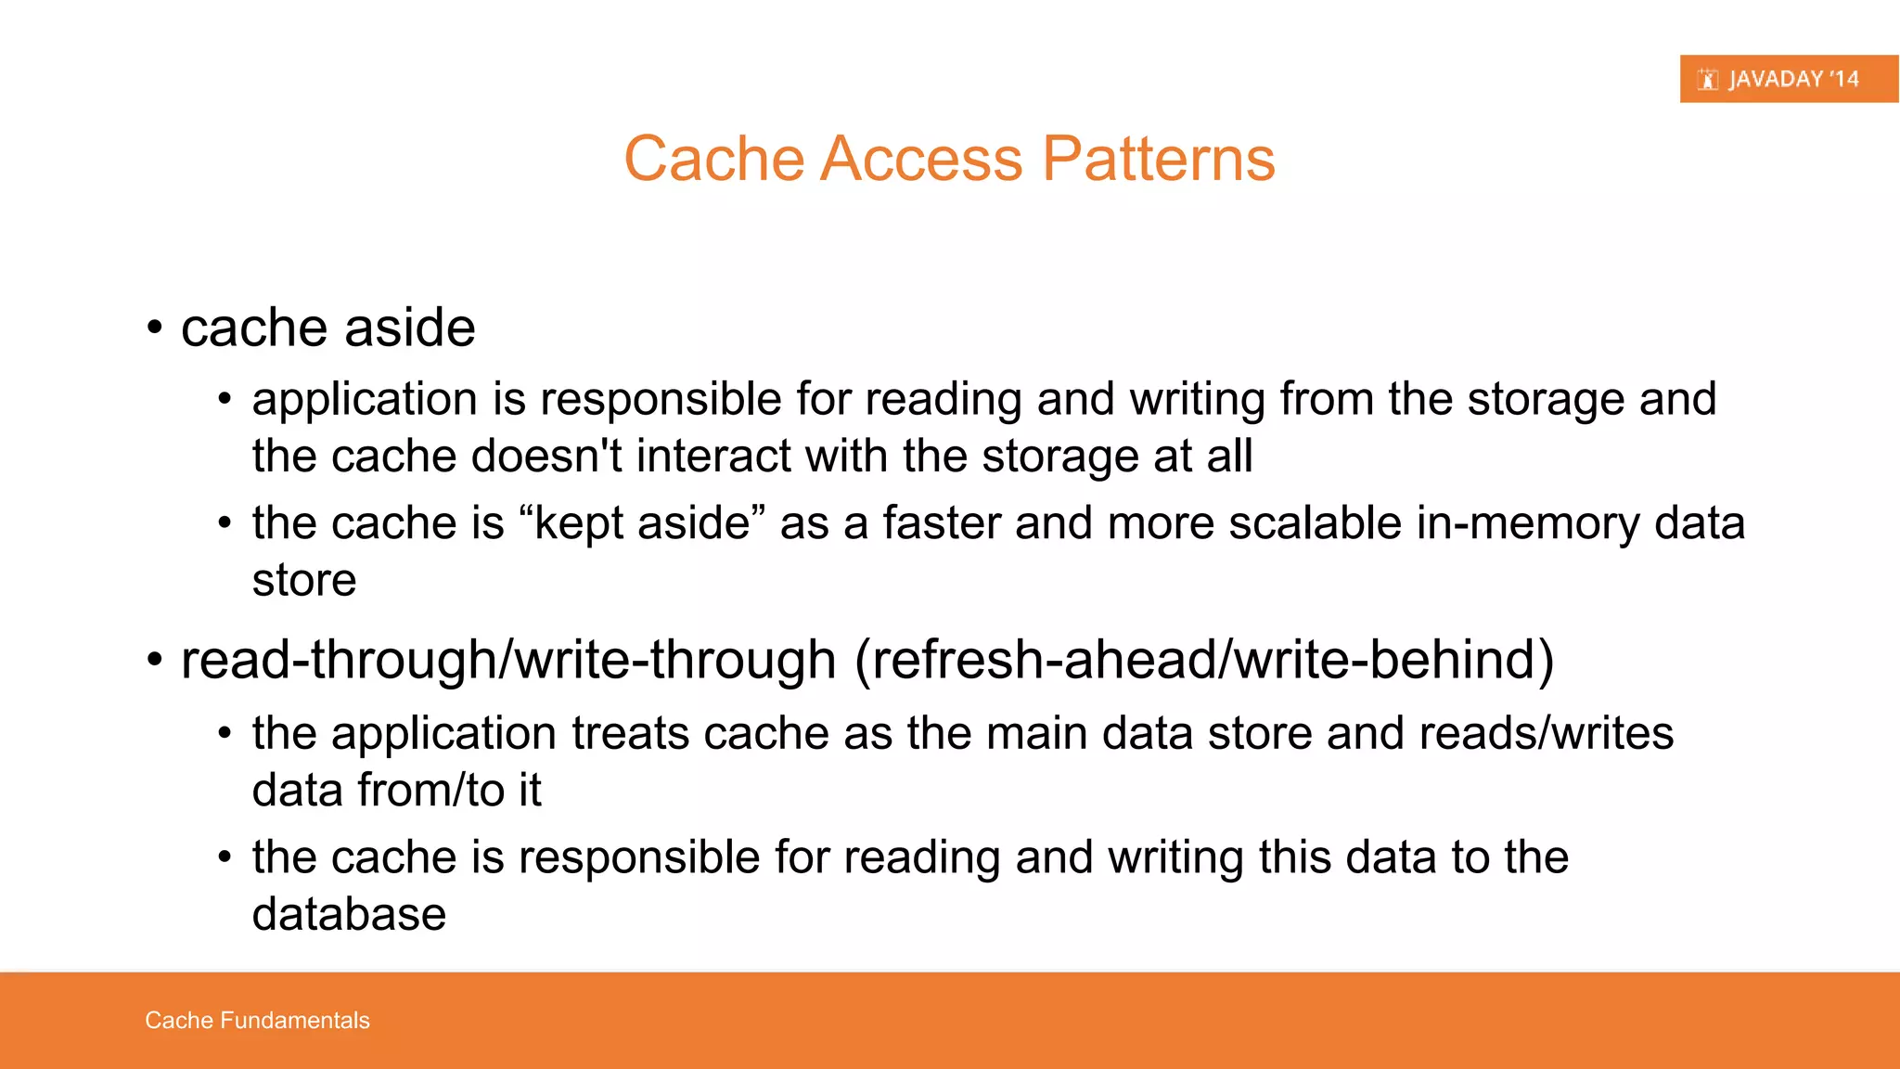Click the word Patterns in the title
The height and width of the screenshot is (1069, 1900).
click(1159, 159)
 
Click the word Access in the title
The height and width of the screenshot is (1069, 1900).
click(921, 159)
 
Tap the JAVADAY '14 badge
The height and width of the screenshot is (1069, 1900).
click(1788, 79)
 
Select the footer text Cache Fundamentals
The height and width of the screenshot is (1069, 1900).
click(257, 1021)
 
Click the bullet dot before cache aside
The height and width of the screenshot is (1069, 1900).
click(155, 328)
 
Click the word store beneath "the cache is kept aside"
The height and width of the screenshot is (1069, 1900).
click(304, 581)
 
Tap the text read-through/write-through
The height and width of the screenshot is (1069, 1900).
click(508, 660)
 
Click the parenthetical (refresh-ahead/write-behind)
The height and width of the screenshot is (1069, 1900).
click(1203, 660)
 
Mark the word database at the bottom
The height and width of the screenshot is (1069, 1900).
click(349, 915)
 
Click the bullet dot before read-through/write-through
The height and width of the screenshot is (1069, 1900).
click(155, 661)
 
